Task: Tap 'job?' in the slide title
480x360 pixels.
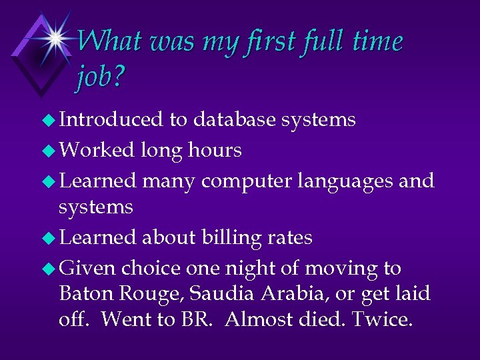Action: (101, 79)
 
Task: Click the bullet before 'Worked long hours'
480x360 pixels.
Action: (49, 151)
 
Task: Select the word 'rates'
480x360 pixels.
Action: (291, 237)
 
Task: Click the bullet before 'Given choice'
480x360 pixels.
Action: (49, 269)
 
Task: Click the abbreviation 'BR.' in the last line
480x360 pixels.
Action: (197, 319)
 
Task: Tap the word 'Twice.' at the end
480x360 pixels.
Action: (383, 319)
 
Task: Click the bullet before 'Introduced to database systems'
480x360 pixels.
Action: (49, 120)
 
